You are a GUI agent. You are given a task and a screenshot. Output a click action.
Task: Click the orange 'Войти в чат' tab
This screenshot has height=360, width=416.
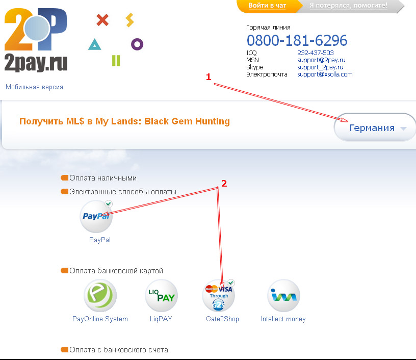267,6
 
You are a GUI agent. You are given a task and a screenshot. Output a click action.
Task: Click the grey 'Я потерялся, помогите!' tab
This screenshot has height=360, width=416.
348,6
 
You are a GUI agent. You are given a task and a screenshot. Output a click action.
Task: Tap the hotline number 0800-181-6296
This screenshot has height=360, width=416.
297,40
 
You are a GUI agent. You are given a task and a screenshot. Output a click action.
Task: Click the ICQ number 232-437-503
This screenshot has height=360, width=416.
315,53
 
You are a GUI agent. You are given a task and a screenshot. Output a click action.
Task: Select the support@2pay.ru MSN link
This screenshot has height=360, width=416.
321,60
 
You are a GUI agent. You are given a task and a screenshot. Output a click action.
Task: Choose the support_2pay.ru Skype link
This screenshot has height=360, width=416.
320,67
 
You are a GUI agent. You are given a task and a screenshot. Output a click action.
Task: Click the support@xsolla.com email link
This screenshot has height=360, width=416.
325,74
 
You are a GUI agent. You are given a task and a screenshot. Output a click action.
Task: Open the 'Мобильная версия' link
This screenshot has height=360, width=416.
34,87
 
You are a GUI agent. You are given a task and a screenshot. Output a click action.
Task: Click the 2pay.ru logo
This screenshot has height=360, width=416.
36,41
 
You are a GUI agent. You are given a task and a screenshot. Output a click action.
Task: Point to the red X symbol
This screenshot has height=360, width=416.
102,20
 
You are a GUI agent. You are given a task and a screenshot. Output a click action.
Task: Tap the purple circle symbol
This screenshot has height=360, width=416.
137,44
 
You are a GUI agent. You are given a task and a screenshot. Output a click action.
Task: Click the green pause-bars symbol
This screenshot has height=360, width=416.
116,61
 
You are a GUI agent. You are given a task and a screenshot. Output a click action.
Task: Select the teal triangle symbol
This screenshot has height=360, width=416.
94,45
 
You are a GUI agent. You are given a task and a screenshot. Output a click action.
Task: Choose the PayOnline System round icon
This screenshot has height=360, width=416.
100,296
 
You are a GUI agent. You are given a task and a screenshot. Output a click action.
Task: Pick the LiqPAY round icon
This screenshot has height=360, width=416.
161,296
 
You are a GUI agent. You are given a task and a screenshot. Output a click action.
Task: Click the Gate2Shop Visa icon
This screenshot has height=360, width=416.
219,296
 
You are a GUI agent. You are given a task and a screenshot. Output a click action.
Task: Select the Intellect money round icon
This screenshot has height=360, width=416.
283,296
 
